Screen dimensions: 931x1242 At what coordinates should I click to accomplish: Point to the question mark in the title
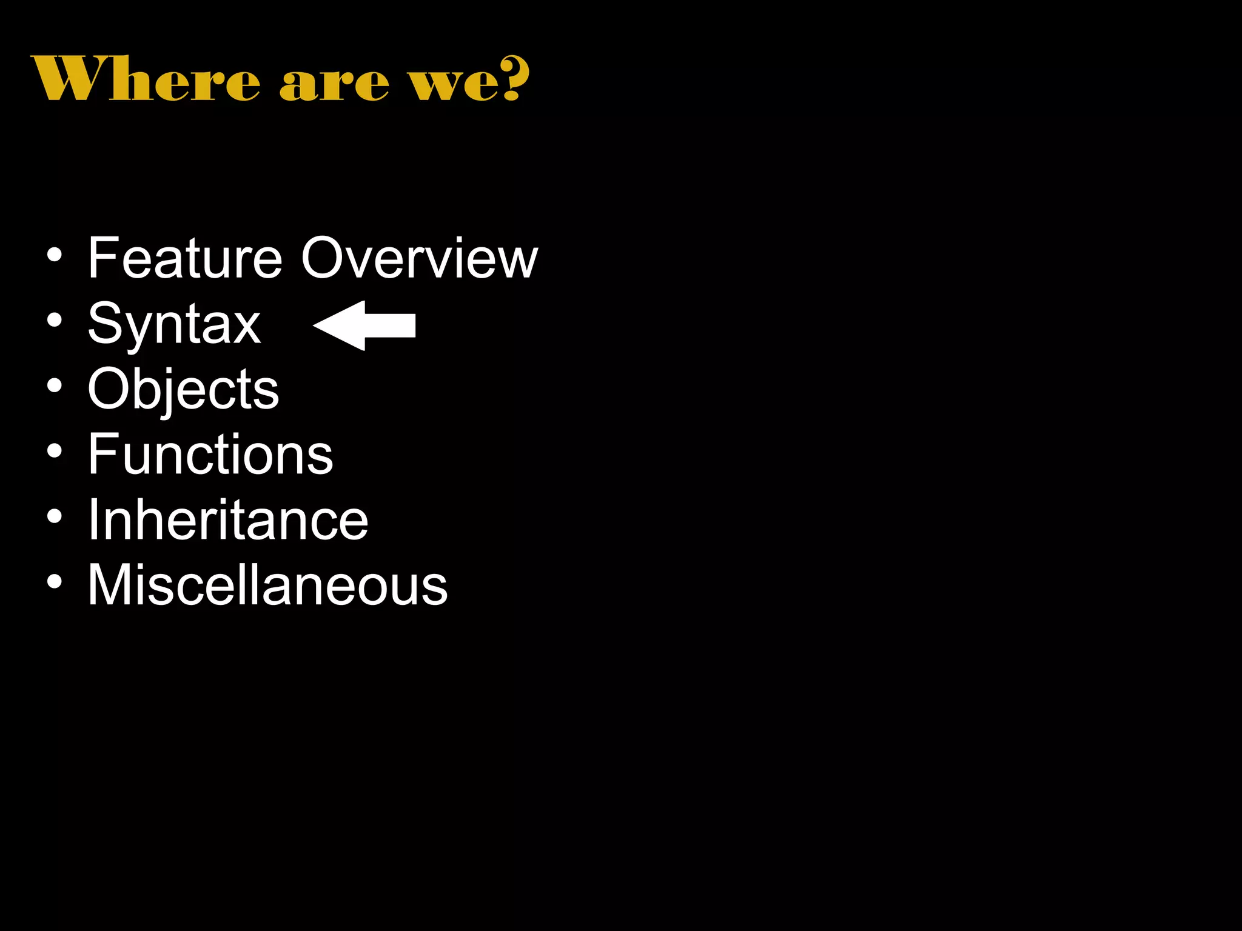pos(515,78)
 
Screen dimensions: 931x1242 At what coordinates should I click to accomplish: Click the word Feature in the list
pos(185,258)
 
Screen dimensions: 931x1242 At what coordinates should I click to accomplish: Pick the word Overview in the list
pos(419,258)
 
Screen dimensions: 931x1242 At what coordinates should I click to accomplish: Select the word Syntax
pos(174,325)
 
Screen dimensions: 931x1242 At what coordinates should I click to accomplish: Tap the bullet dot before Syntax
pos(55,321)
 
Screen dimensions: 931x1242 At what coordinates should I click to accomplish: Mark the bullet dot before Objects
pos(55,386)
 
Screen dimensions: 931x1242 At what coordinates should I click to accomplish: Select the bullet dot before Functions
pos(55,451)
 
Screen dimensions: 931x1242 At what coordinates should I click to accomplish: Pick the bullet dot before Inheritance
pos(55,516)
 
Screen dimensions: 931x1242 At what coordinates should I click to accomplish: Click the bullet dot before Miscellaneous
pos(55,582)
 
